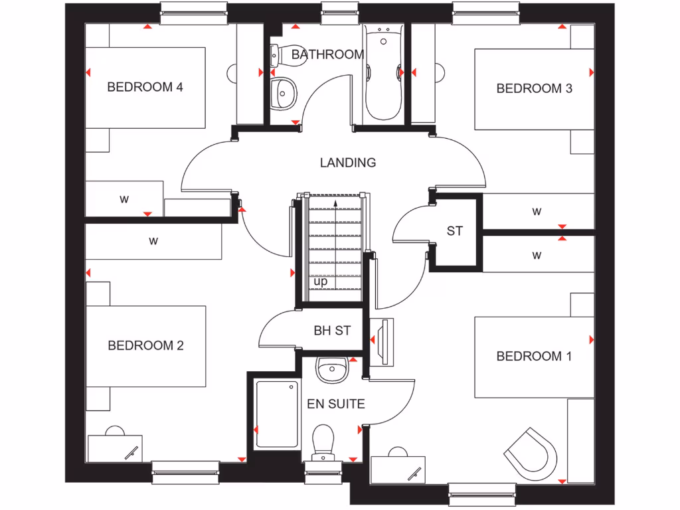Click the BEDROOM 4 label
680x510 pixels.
tap(145, 87)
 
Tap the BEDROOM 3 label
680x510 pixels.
tap(534, 88)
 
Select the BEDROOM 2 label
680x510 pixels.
tap(145, 345)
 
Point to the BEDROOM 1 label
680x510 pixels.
tap(534, 357)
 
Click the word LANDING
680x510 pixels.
tap(347, 162)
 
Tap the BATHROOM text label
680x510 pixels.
tap(327, 54)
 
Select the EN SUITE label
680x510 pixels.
tap(335, 404)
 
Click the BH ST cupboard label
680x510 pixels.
tap(331, 331)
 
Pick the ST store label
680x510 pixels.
tap(454, 231)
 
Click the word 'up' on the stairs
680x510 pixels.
tap(321, 282)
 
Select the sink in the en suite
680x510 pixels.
tap(331, 368)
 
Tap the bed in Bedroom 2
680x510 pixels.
tap(146, 346)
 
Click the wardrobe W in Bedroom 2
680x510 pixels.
tap(153, 241)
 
